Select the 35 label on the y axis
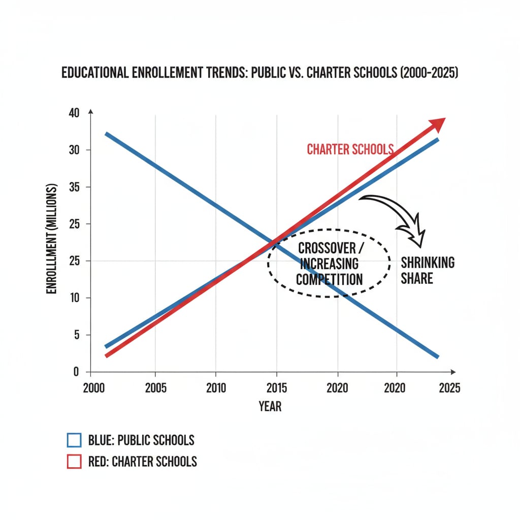tap(74, 187)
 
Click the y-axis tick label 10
tap(74, 298)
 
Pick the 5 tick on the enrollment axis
tap(77, 335)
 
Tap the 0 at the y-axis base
tap(77, 372)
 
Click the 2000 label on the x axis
tap(94, 388)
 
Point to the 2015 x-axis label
tap(276, 388)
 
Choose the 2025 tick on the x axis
tap(448, 388)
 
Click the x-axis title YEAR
tap(270, 406)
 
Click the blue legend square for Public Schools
tap(74, 440)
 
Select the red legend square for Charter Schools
tap(74, 462)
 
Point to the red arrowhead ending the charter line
tap(437, 124)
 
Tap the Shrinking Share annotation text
tap(427, 270)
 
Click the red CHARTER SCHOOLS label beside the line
tap(350, 149)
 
